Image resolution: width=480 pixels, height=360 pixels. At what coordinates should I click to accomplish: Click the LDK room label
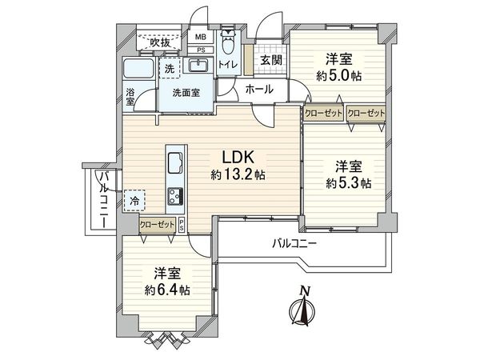point(239,157)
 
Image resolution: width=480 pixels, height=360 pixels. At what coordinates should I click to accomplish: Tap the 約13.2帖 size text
point(239,175)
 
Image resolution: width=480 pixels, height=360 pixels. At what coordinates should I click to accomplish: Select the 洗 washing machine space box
point(170,69)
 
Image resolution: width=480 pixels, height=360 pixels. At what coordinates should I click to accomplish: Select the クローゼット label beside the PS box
point(157,225)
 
